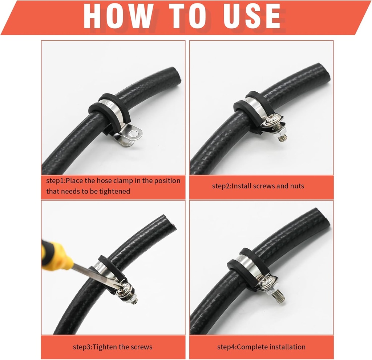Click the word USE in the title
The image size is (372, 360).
(x=247, y=16)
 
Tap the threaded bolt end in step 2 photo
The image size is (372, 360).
(x=283, y=136)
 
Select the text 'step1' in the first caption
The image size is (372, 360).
(x=55, y=181)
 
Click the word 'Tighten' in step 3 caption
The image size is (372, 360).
(x=105, y=347)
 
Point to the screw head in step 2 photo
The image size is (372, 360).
(x=273, y=121)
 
